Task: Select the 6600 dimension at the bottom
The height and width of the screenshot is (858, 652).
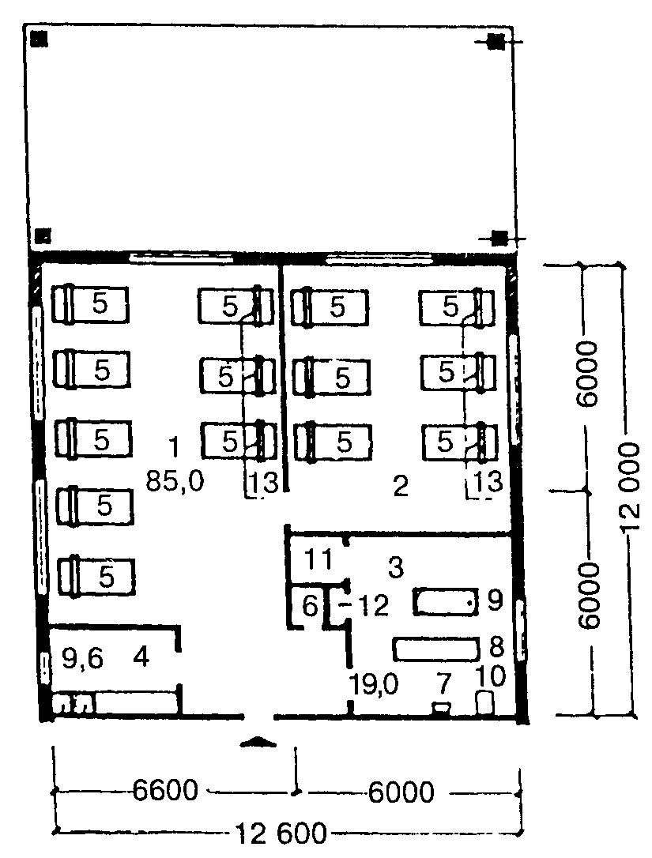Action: [x=165, y=791]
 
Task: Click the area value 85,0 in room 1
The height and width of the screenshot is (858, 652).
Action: [x=175, y=481]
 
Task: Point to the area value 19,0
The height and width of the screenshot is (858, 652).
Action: [x=375, y=684]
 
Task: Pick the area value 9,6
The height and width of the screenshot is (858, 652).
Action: [x=82, y=658]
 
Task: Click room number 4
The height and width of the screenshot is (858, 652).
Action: [x=141, y=657]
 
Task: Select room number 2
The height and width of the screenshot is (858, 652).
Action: [x=401, y=485]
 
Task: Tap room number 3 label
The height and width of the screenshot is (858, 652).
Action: [x=396, y=567]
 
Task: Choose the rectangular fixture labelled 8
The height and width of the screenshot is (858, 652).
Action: [x=436, y=649]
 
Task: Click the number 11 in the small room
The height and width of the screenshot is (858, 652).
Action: [x=318, y=559]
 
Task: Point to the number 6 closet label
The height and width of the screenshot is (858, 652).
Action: [x=310, y=606]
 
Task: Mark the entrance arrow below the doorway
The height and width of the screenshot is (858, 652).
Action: [x=259, y=741]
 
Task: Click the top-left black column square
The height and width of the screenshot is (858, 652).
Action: [x=39, y=39]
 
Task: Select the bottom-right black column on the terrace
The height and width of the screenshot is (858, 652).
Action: [x=499, y=238]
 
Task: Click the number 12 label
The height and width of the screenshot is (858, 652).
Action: [x=374, y=605]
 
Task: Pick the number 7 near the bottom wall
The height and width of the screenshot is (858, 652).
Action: [x=443, y=684]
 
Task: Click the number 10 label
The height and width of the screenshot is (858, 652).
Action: [x=491, y=676]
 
